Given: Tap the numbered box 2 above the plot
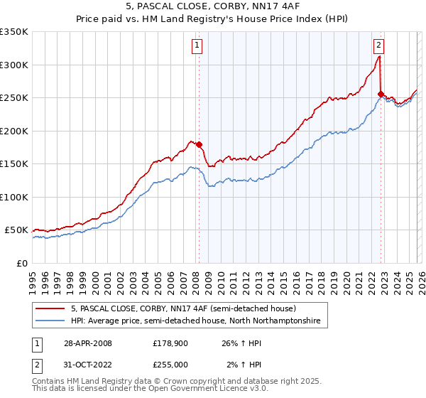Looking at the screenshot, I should pos(379,45).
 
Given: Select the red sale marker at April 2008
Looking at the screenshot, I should pos(199,145).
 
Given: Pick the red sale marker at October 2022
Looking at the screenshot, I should pos(381,94).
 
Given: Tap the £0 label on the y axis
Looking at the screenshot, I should pos(21,263).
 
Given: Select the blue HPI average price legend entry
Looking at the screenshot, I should pos(195,321).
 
